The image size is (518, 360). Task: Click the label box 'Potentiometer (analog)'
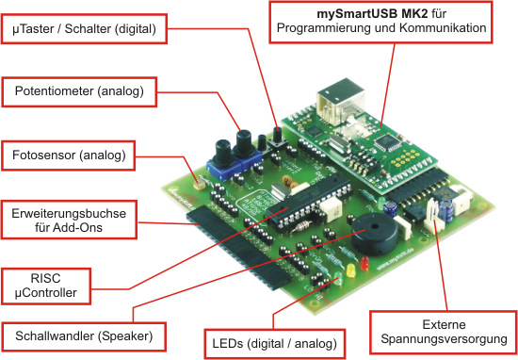click(x=79, y=92)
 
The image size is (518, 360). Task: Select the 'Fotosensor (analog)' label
click(x=69, y=155)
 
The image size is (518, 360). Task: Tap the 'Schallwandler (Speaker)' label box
click(x=84, y=336)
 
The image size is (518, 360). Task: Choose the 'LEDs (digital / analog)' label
click(x=274, y=344)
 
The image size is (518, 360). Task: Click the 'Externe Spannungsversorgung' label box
click(x=444, y=333)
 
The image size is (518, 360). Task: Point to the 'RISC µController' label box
click(x=46, y=286)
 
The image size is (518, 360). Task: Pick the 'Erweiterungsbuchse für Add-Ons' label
click(x=69, y=220)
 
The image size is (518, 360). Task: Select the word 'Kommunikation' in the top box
click(x=443, y=28)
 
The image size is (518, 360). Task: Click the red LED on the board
click(x=364, y=263)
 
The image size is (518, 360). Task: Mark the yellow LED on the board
click(x=350, y=270)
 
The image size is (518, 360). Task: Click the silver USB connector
click(x=340, y=101)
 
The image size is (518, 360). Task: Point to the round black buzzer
click(x=374, y=235)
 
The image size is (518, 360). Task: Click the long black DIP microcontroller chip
click(x=309, y=202)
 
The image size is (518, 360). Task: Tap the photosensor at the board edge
click(x=199, y=185)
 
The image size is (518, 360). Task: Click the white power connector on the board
click(x=433, y=215)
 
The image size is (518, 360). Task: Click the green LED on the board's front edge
click(x=338, y=280)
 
